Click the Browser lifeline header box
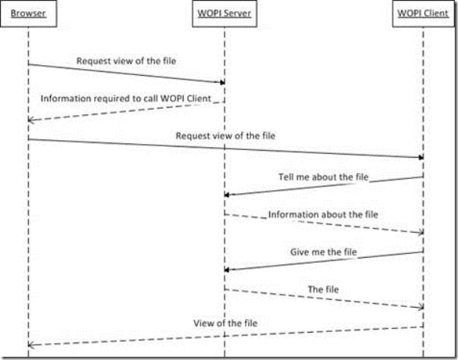point(27,14)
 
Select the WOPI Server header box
point(224,14)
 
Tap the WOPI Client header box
point(422,14)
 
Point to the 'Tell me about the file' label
point(323,177)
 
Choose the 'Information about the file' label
point(323,214)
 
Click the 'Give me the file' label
point(323,252)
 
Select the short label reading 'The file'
point(323,289)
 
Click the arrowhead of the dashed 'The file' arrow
point(419,307)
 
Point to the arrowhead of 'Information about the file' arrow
point(419,232)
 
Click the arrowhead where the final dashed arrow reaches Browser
point(31,345)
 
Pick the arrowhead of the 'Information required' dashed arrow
point(31,120)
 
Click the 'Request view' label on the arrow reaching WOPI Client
point(225,136)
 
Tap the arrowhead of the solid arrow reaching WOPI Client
point(419,157)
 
